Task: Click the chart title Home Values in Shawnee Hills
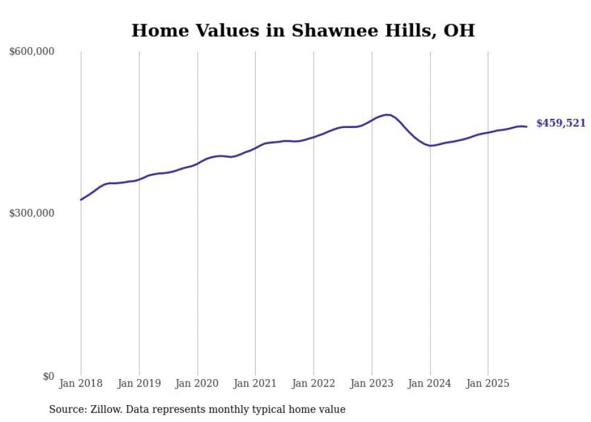point(303,30)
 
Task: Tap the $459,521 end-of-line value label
point(560,123)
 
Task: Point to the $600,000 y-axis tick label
point(32,51)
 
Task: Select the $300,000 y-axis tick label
point(32,213)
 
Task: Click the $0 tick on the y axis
point(48,376)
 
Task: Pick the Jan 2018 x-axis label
point(81,383)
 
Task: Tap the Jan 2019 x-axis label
point(139,383)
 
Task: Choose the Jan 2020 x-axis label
point(197,383)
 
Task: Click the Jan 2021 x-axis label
point(255,383)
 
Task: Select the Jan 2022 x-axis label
point(314,383)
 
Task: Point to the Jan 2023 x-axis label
point(371,383)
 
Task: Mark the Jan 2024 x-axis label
point(430,383)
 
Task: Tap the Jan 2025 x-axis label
point(488,383)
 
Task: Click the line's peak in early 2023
point(387,114)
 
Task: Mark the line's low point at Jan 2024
point(430,145)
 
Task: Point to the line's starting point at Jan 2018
point(81,199)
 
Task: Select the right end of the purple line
point(526,126)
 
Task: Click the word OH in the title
point(460,30)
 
